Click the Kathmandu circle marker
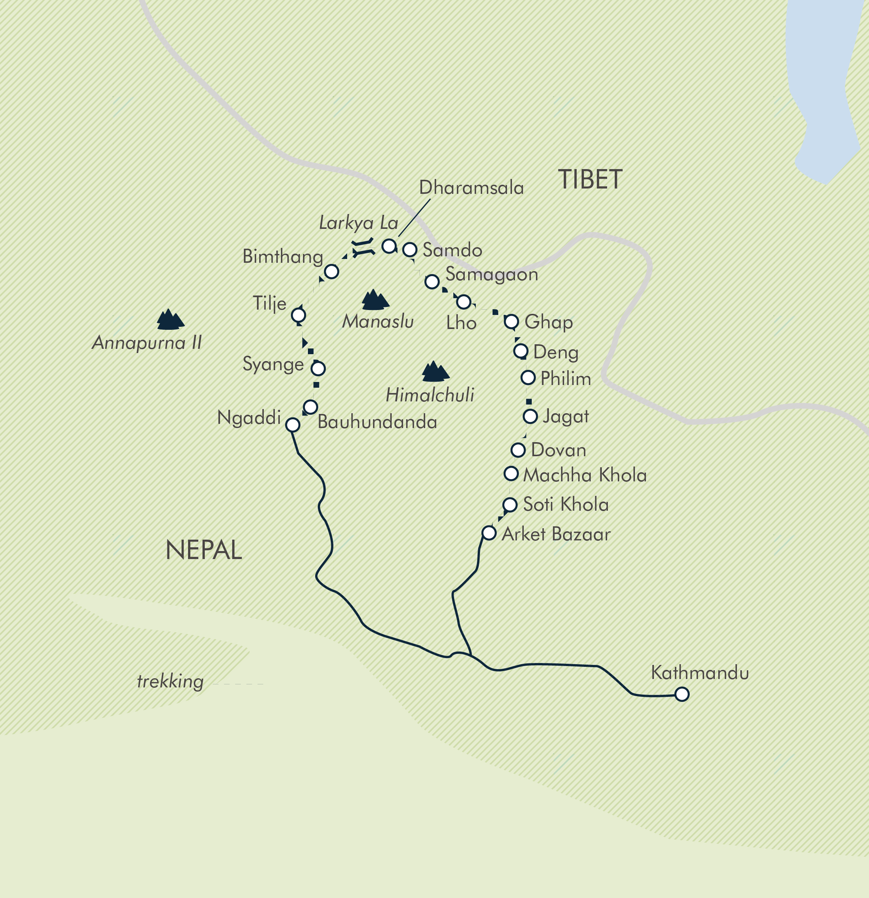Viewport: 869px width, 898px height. click(x=682, y=694)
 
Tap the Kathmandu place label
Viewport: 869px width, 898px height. click(x=700, y=673)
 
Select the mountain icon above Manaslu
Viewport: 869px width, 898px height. click(x=375, y=300)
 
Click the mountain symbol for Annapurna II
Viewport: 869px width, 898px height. click(x=170, y=320)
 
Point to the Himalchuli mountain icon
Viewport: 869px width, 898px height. click(x=435, y=372)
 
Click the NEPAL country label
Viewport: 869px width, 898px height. click(x=204, y=550)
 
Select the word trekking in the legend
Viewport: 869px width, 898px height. click(x=170, y=681)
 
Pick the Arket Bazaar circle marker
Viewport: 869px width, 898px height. click(x=489, y=533)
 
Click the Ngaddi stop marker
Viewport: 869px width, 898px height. click(x=293, y=425)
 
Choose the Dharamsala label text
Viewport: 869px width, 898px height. click(x=471, y=188)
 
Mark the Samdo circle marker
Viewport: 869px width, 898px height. click(x=410, y=250)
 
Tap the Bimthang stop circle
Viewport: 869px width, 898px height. click(x=332, y=272)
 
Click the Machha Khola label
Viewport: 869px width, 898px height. click(x=585, y=475)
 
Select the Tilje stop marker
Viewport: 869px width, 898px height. click(x=298, y=315)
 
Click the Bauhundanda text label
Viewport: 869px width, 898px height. click(x=377, y=422)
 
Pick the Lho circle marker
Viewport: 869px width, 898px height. click(x=464, y=302)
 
